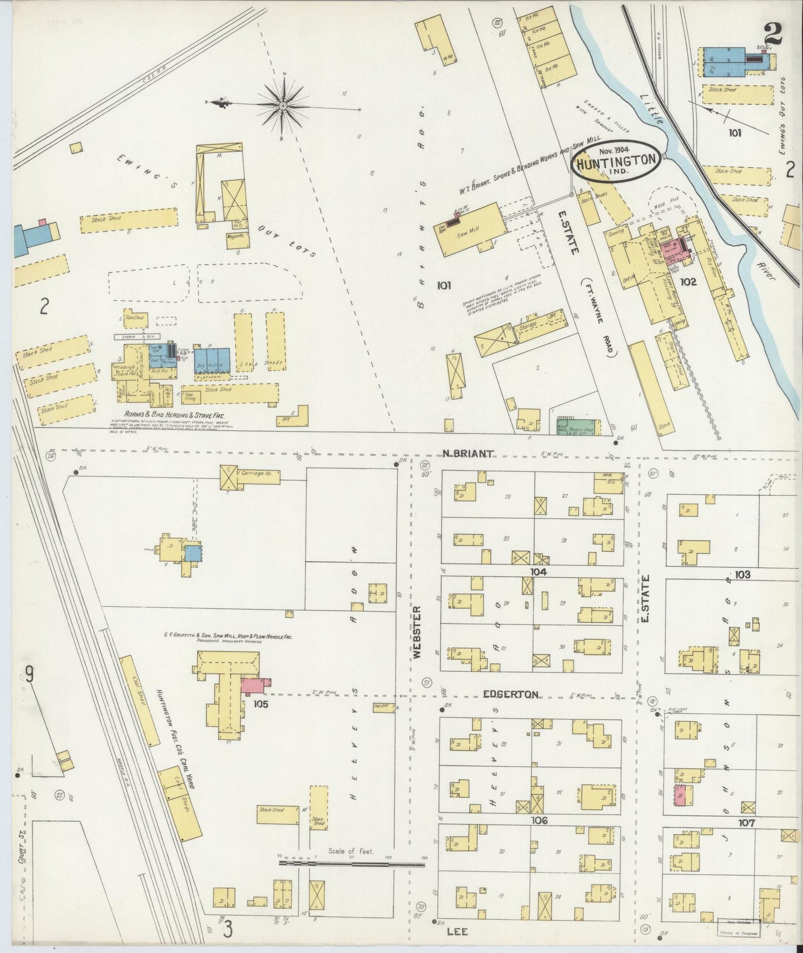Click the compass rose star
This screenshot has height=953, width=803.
(x=283, y=104)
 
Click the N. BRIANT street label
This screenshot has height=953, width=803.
(x=467, y=454)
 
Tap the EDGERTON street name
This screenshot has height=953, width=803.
(x=510, y=694)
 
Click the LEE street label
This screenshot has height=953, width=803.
(x=460, y=931)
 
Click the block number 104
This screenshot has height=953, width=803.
(x=538, y=572)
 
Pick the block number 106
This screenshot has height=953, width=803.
(x=539, y=821)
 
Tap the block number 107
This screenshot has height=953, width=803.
(x=746, y=823)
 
